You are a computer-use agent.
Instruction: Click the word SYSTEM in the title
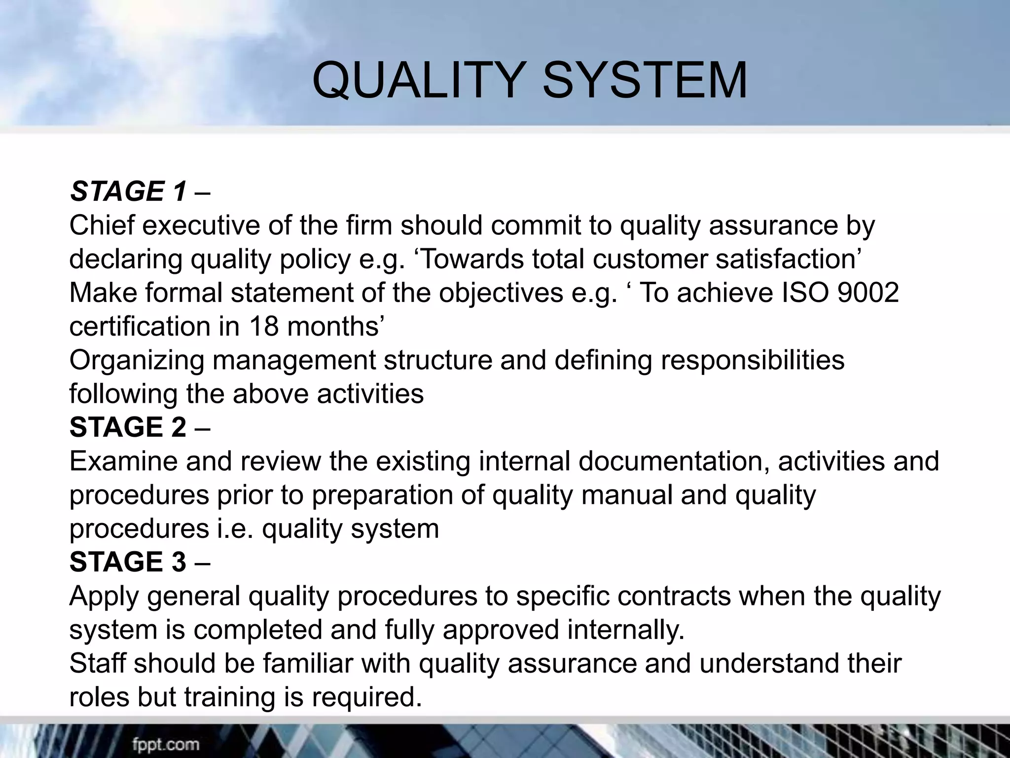coord(645,80)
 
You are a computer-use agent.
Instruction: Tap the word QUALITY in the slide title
coord(417,80)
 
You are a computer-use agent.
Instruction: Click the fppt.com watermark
coord(166,744)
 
